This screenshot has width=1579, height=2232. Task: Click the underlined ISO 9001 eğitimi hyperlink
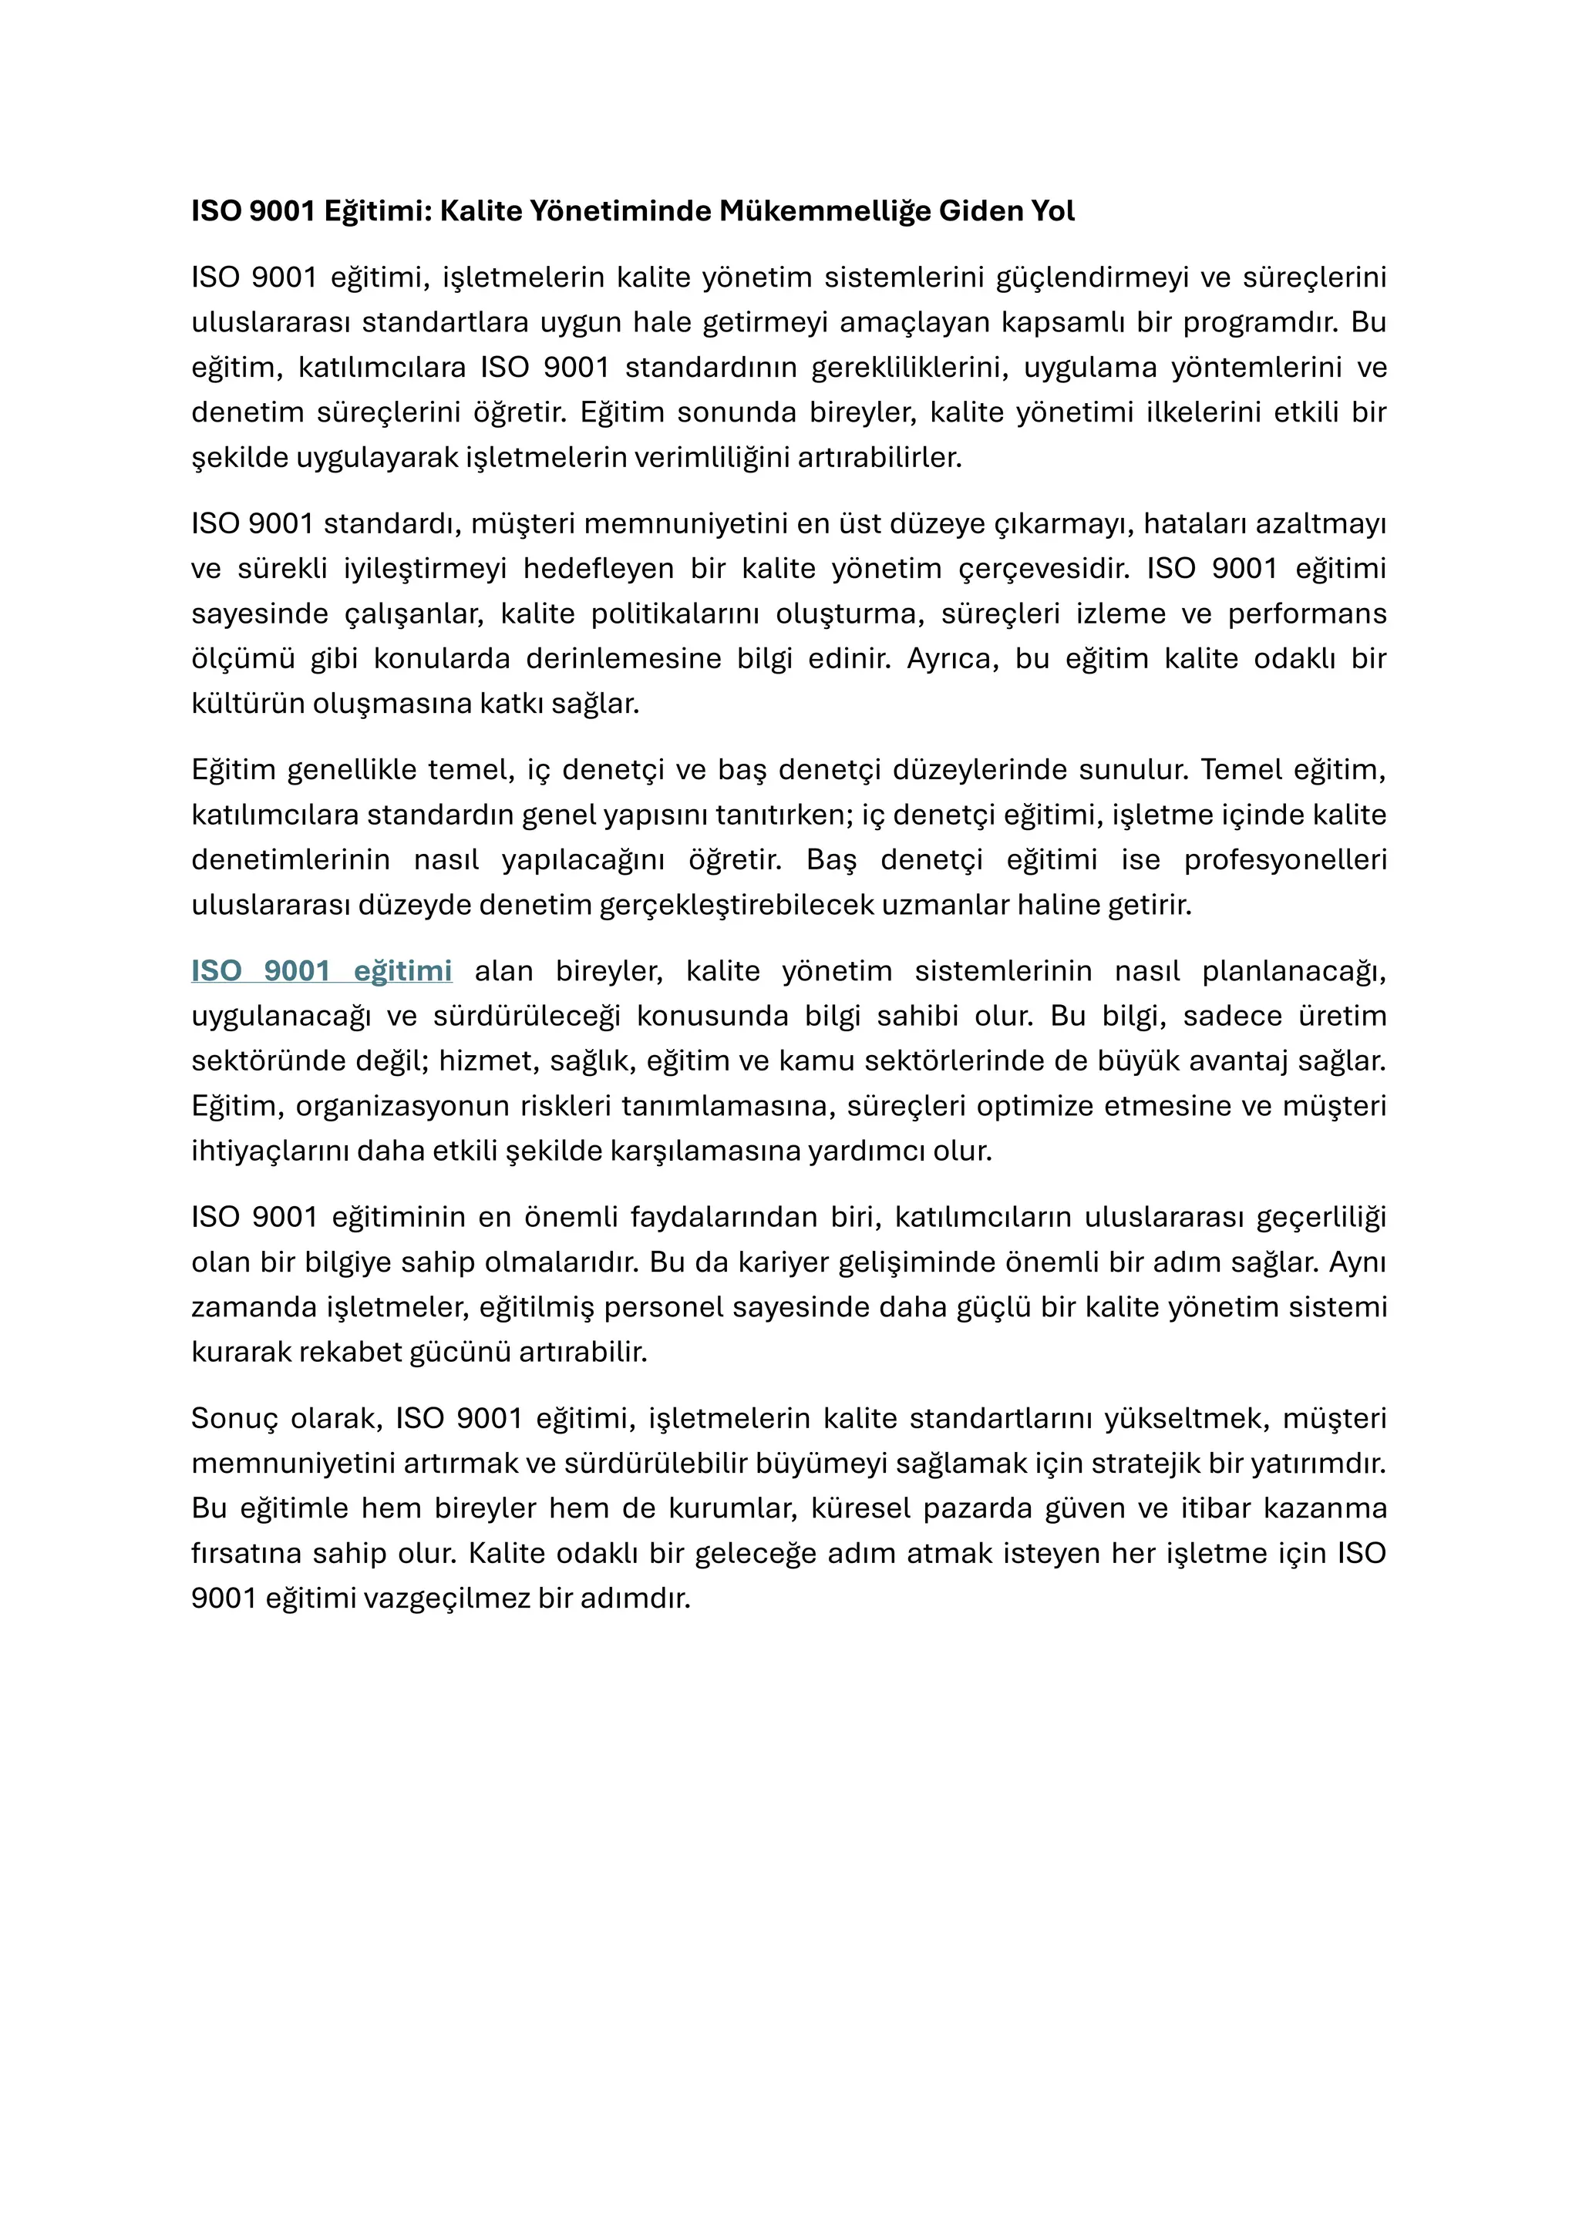point(321,970)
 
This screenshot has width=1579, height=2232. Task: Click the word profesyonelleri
point(1284,859)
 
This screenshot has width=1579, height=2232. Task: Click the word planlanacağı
point(1293,970)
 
